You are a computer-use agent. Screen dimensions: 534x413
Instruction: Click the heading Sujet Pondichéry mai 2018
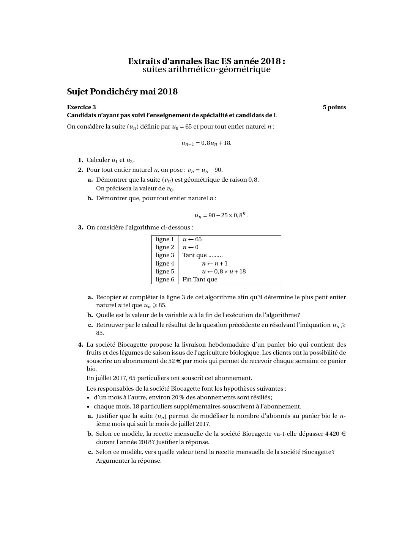[122, 92]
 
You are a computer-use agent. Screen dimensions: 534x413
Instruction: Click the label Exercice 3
[81, 107]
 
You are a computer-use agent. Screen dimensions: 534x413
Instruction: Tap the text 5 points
[334, 107]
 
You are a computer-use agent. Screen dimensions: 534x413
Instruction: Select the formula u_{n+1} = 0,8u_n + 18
[206, 143]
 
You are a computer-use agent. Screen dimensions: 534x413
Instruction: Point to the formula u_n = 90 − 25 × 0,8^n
[221, 215]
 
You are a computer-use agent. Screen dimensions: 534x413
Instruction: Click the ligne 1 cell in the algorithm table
[165, 239]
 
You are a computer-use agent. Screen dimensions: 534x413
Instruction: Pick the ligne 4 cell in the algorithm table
[165, 264]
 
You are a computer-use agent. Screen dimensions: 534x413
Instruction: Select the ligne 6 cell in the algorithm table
[165, 280]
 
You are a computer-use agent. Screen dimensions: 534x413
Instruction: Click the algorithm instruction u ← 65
[192, 239]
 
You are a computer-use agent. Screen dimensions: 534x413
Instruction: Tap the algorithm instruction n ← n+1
[214, 264]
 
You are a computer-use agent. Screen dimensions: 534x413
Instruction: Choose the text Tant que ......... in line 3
[202, 255]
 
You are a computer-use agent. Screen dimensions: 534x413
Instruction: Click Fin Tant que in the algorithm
[200, 280]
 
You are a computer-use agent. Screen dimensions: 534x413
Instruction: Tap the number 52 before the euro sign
[172, 361]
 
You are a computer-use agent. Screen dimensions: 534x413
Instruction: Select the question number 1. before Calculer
[80, 160]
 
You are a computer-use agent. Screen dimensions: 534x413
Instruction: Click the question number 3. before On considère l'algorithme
[80, 228]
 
